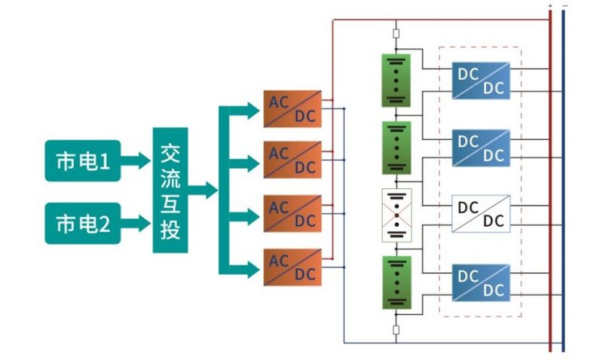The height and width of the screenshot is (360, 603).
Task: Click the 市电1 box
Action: point(83,160)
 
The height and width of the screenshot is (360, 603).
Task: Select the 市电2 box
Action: point(83,223)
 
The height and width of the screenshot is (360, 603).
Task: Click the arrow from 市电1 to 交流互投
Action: point(136,160)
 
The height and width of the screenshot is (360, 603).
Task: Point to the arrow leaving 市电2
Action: point(136,223)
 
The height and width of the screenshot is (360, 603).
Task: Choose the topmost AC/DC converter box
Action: point(292,108)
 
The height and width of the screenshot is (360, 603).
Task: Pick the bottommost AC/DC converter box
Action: point(292,267)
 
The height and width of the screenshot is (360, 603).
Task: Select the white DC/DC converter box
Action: point(481,213)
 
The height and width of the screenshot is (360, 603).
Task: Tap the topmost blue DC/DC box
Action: point(481,81)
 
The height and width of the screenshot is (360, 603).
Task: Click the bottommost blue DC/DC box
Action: point(481,282)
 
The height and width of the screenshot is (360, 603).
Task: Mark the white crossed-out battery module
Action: point(396,215)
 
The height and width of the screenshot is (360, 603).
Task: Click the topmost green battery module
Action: point(396,80)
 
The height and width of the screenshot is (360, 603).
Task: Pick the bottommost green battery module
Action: point(396,282)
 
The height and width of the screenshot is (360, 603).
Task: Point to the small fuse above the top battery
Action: point(396,33)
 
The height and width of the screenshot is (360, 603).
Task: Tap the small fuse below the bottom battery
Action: point(396,329)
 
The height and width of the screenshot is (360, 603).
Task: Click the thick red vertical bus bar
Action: point(550,181)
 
